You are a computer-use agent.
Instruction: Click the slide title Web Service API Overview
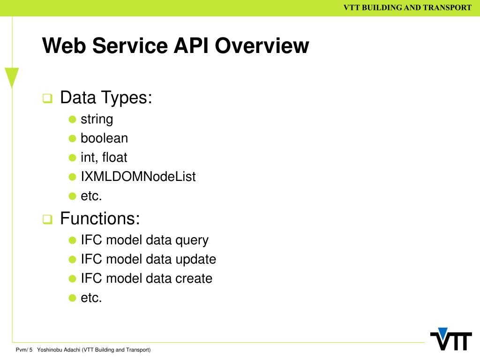click(x=175, y=46)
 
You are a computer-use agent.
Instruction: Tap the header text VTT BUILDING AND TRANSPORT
click(x=407, y=7)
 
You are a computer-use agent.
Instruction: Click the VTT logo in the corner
click(x=450, y=339)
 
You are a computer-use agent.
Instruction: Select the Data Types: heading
click(x=106, y=98)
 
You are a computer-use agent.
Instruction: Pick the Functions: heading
click(x=100, y=218)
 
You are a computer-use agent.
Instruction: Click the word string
click(x=97, y=119)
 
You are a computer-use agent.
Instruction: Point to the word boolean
click(x=104, y=138)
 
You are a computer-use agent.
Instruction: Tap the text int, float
click(x=104, y=157)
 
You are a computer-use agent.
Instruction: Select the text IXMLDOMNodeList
click(x=138, y=177)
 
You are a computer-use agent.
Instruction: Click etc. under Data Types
click(x=91, y=196)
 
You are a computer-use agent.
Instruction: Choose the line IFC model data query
click(x=144, y=240)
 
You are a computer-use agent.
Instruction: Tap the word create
click(x=194, y=278)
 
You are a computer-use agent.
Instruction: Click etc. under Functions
click(x=91, y=298)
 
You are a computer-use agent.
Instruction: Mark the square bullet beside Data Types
click(x=47, y=99)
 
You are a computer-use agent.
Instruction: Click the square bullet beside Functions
click(x=47, y=219)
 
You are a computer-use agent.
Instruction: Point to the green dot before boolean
click(x=72, y=138)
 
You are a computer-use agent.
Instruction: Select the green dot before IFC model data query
click(x=72, y=240)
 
